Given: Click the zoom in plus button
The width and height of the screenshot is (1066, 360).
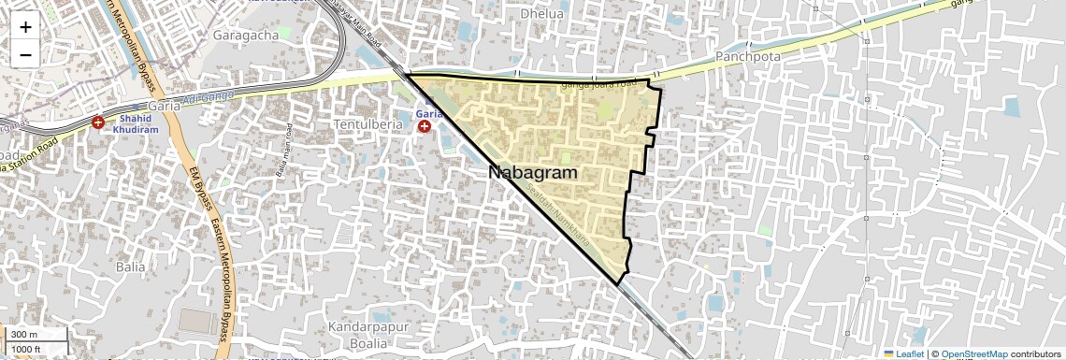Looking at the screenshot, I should click(x=25, y=27).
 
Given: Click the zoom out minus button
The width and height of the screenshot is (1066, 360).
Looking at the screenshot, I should click(x=25, y=54).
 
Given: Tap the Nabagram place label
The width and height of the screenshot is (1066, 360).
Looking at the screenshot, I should click(x=532, y=173).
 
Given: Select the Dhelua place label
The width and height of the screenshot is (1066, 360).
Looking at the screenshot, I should click(x=542, y=14).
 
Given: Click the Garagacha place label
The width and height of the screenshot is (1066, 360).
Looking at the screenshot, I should click(x=246, y=35).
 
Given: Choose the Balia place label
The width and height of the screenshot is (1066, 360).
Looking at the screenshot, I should click(x=130, y=266).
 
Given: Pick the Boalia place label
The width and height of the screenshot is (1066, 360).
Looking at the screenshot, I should click(x=356, y=343).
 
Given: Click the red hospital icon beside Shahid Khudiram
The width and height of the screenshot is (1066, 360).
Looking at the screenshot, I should click(x=98, y=122).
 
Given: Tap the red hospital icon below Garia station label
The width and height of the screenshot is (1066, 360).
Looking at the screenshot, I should click(x=425, y=125).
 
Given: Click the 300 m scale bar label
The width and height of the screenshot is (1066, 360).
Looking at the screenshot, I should click(x=24, y=335).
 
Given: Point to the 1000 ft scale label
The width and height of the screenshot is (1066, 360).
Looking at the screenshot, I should click(x=26, y=349).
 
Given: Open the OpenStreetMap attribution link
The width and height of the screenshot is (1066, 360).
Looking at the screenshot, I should click(x=973, y=353).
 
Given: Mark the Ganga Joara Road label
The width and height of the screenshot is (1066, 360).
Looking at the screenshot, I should click(x=598, y=84).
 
